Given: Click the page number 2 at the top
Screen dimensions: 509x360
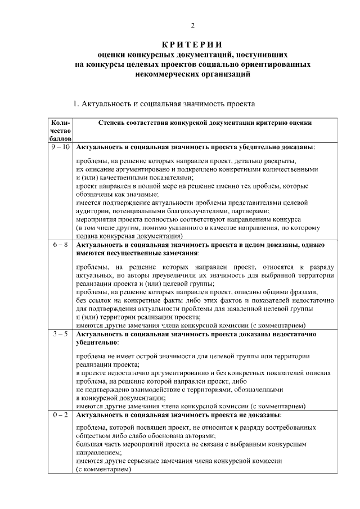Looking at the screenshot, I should coord(192,26).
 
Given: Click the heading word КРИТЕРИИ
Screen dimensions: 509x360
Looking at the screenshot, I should coord(192,45).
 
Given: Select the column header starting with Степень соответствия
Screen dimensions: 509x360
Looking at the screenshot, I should coord(205,122).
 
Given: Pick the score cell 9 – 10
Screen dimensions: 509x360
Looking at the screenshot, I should coord(60,147).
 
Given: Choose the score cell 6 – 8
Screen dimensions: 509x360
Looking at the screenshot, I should coord(60,246).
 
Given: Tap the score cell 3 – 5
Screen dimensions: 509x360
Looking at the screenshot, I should coord(60,334).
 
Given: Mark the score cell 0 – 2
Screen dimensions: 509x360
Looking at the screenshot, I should coord(60,415).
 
